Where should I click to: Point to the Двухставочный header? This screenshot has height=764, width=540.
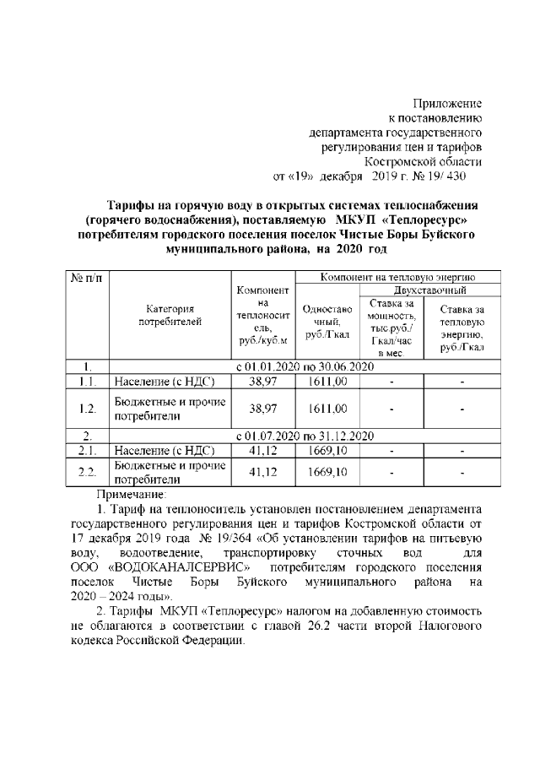pyautogui.click(x=430, y=290)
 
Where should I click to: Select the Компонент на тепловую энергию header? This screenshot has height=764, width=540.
pyautogui.click(x=399, y=277)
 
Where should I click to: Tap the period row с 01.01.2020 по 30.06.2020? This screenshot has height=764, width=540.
pyautogui.click(x=305, y=367)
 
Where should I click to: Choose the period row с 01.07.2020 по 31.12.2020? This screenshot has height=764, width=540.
pyautogui.click(x=305, y=436)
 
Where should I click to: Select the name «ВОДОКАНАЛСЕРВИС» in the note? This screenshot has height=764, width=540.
pyautogui.click(x=178, y=565)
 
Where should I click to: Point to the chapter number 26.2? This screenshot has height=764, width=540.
pyautogui.click(x=348, y=623)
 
